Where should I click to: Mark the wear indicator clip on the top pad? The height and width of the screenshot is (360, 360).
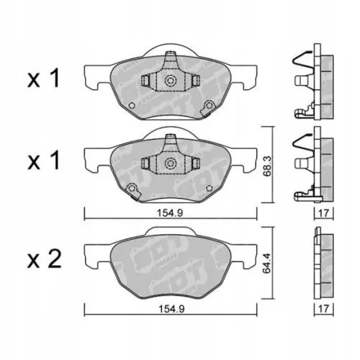[x=209, y=109]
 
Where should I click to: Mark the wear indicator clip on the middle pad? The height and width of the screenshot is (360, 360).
[x=132, y=191]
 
